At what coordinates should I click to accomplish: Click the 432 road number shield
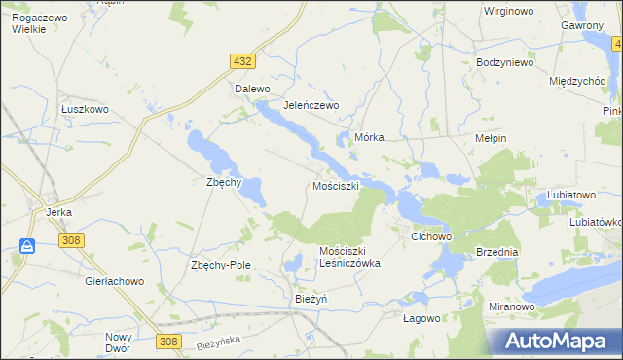point(243,61)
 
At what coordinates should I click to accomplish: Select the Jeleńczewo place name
point(310,105)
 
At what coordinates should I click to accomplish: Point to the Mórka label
point(370,138)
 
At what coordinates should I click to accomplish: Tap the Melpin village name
point(490,138)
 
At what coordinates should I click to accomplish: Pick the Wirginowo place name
point(512,12)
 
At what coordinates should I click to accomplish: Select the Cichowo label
point(433,236)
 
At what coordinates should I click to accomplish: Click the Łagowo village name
point(421,317)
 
